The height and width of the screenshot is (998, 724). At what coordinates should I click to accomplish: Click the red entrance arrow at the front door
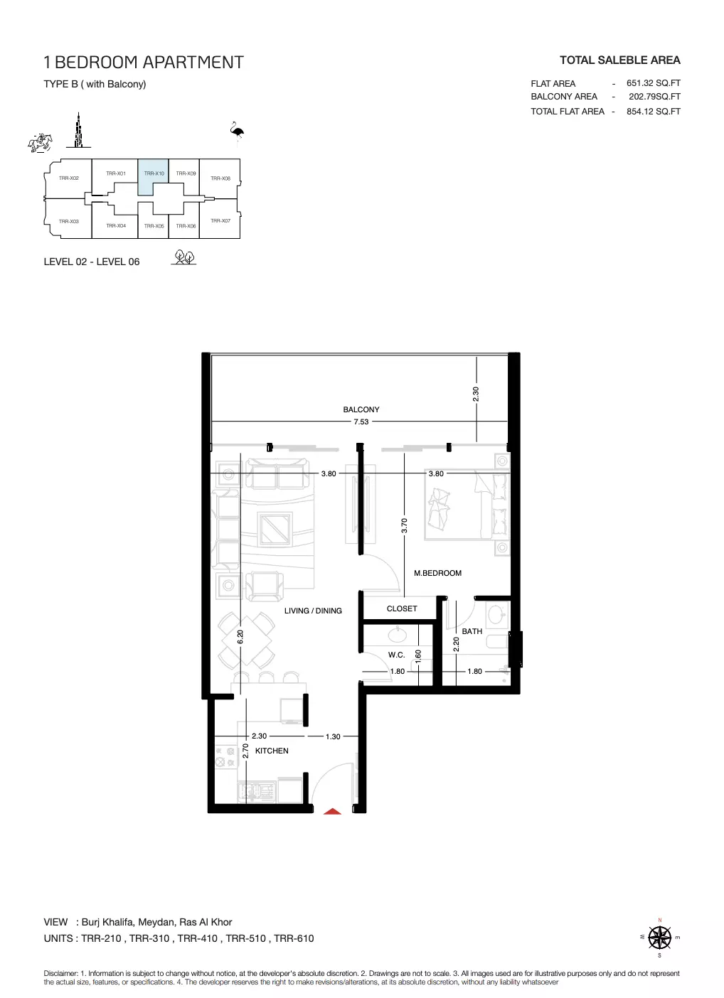332,811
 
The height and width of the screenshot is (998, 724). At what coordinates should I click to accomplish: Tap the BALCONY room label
361,409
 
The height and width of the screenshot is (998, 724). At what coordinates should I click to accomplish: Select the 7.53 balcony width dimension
361,422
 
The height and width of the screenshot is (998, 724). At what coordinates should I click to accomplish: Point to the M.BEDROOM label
437,573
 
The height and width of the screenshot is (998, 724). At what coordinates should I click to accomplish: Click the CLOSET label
402,608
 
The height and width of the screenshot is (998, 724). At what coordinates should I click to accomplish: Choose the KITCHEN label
272,751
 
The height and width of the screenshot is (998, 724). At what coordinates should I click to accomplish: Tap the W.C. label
396,655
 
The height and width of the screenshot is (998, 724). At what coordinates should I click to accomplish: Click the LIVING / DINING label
313,611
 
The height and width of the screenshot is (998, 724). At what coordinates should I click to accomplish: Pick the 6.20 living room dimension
240,637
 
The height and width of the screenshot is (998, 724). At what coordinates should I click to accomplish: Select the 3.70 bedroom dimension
405,526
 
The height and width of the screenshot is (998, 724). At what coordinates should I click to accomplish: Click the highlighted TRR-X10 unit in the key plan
154,176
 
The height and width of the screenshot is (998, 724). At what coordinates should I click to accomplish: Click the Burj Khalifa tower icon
78,130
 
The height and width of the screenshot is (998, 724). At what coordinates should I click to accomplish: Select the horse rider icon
40,143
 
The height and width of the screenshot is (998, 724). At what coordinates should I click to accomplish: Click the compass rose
659,938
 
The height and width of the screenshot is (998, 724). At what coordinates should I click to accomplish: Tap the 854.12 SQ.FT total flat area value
653,112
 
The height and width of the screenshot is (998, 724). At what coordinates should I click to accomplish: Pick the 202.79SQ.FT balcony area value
654,96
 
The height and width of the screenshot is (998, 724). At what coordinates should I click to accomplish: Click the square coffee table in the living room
275,528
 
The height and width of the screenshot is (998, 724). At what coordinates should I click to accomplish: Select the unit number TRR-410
197,938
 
